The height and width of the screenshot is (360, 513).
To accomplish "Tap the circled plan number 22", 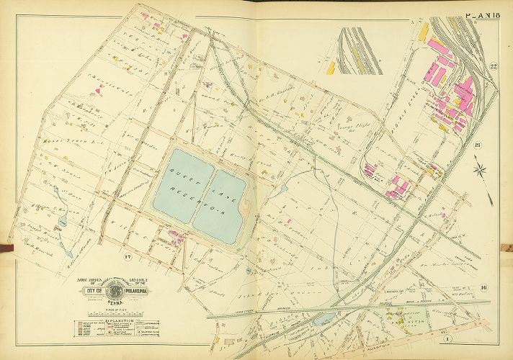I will (494, 68).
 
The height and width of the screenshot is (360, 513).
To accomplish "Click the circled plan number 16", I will (483, 288).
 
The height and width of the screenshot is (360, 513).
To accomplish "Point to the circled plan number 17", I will (127, 258).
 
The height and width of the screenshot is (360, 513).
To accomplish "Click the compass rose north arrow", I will (481, 171).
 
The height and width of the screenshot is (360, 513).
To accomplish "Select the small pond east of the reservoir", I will (285, 189).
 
